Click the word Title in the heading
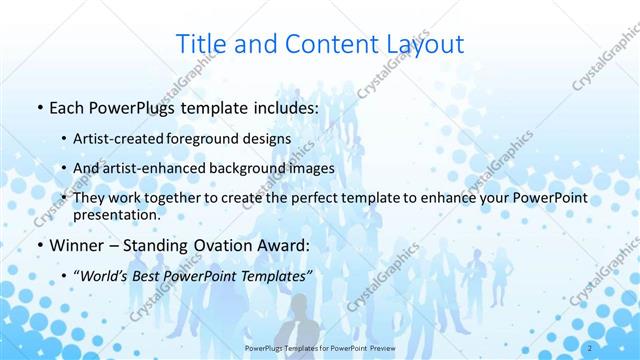click(201, 44)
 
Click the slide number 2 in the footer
click(591, 348)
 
